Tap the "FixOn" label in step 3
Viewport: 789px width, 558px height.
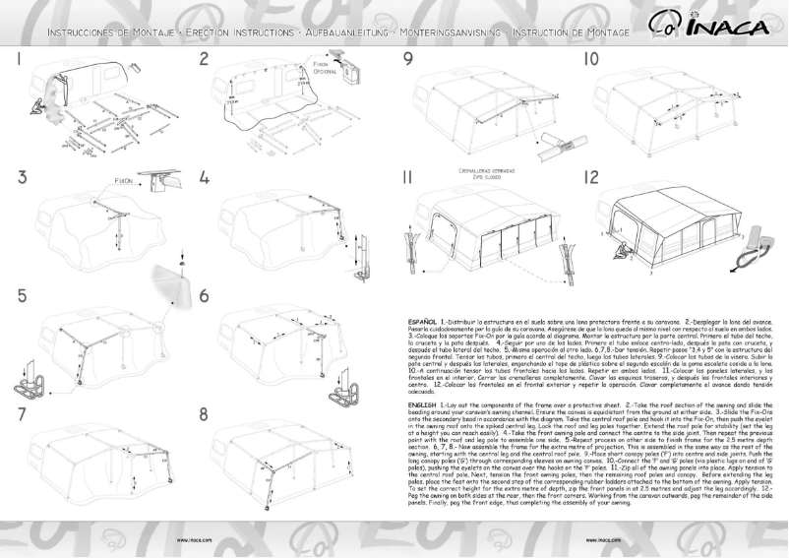122,182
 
